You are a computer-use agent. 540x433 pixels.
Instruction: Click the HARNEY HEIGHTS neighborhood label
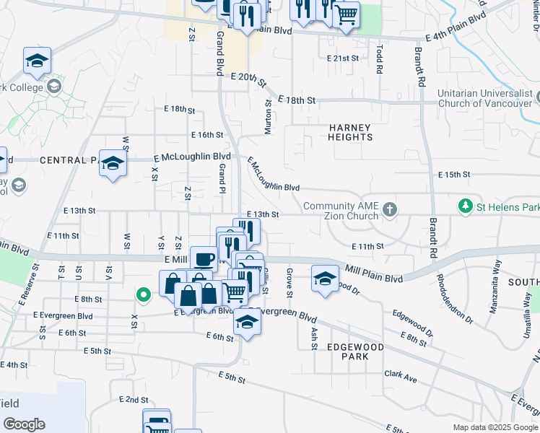pos(350,132)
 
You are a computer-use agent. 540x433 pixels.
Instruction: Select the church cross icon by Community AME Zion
pos(390,209)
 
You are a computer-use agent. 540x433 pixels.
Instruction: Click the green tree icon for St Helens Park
pos(466,207)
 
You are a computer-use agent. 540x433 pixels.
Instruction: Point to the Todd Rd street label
pos(380,59)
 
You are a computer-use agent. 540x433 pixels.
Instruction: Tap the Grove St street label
pos(288,283)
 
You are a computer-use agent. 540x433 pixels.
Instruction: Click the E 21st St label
pos(342,58)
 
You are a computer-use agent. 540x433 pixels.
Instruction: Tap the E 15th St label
pos(454,175)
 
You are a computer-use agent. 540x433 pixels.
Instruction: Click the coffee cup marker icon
pos(204,259)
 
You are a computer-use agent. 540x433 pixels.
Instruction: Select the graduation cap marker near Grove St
pos(325,278)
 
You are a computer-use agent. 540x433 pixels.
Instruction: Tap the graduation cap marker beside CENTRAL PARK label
pos(113,164)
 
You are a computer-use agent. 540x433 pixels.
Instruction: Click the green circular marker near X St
pos(144,294)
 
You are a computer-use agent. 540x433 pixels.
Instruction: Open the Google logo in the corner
pos(24,424)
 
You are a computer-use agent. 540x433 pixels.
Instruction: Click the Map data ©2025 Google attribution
pos(495,427)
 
